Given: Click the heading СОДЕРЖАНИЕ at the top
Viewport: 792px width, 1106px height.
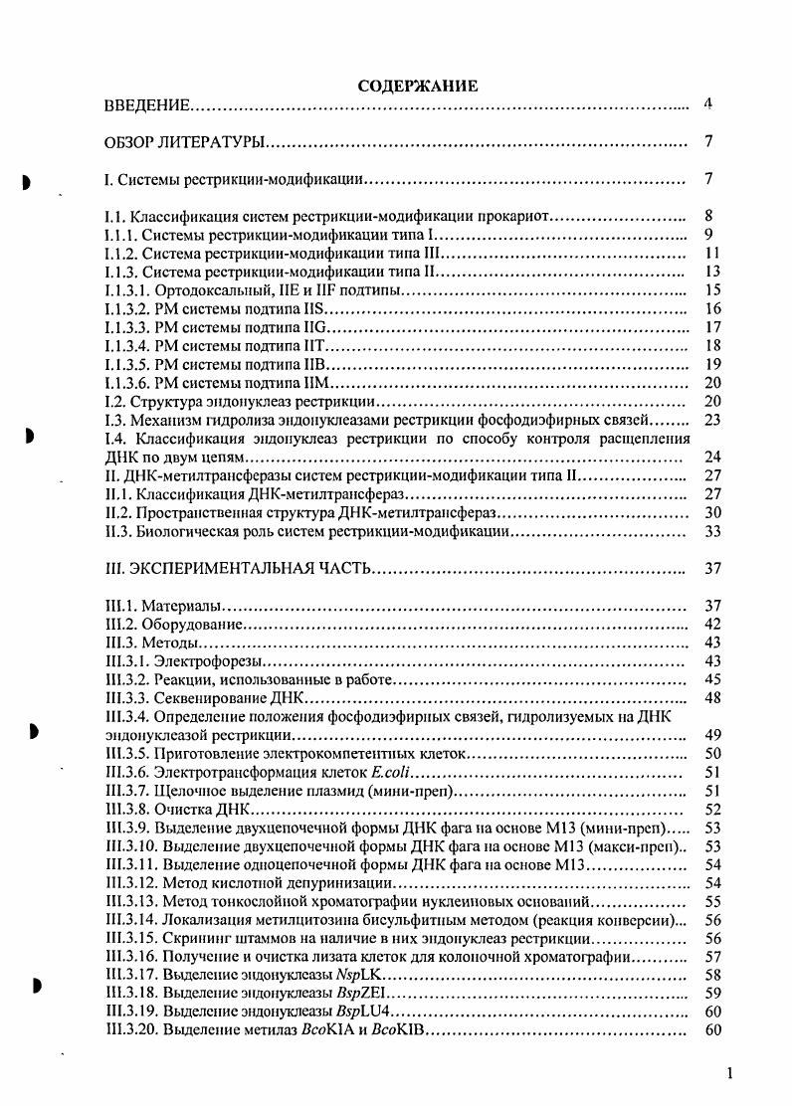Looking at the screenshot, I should click(x=418, y=87).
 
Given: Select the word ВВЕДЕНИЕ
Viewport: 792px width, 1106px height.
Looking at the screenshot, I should click(x=148, y=104).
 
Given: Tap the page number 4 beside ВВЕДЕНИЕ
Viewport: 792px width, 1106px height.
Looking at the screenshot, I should click(x=707, y=103).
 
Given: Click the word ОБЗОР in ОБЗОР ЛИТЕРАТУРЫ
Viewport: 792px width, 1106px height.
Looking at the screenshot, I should click(x=131, y=143).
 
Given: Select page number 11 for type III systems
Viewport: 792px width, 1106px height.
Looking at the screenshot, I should click(x=710, y=254).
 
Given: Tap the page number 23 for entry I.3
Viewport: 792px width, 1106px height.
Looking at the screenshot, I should click(x=710, y=420).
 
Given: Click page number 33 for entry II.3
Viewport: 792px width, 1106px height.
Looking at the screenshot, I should click(x=710, y=532).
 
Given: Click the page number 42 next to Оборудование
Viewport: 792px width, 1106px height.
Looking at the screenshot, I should click(x=710, y=625).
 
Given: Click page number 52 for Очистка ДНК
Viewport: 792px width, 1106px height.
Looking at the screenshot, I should click(x=710, y=809).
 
